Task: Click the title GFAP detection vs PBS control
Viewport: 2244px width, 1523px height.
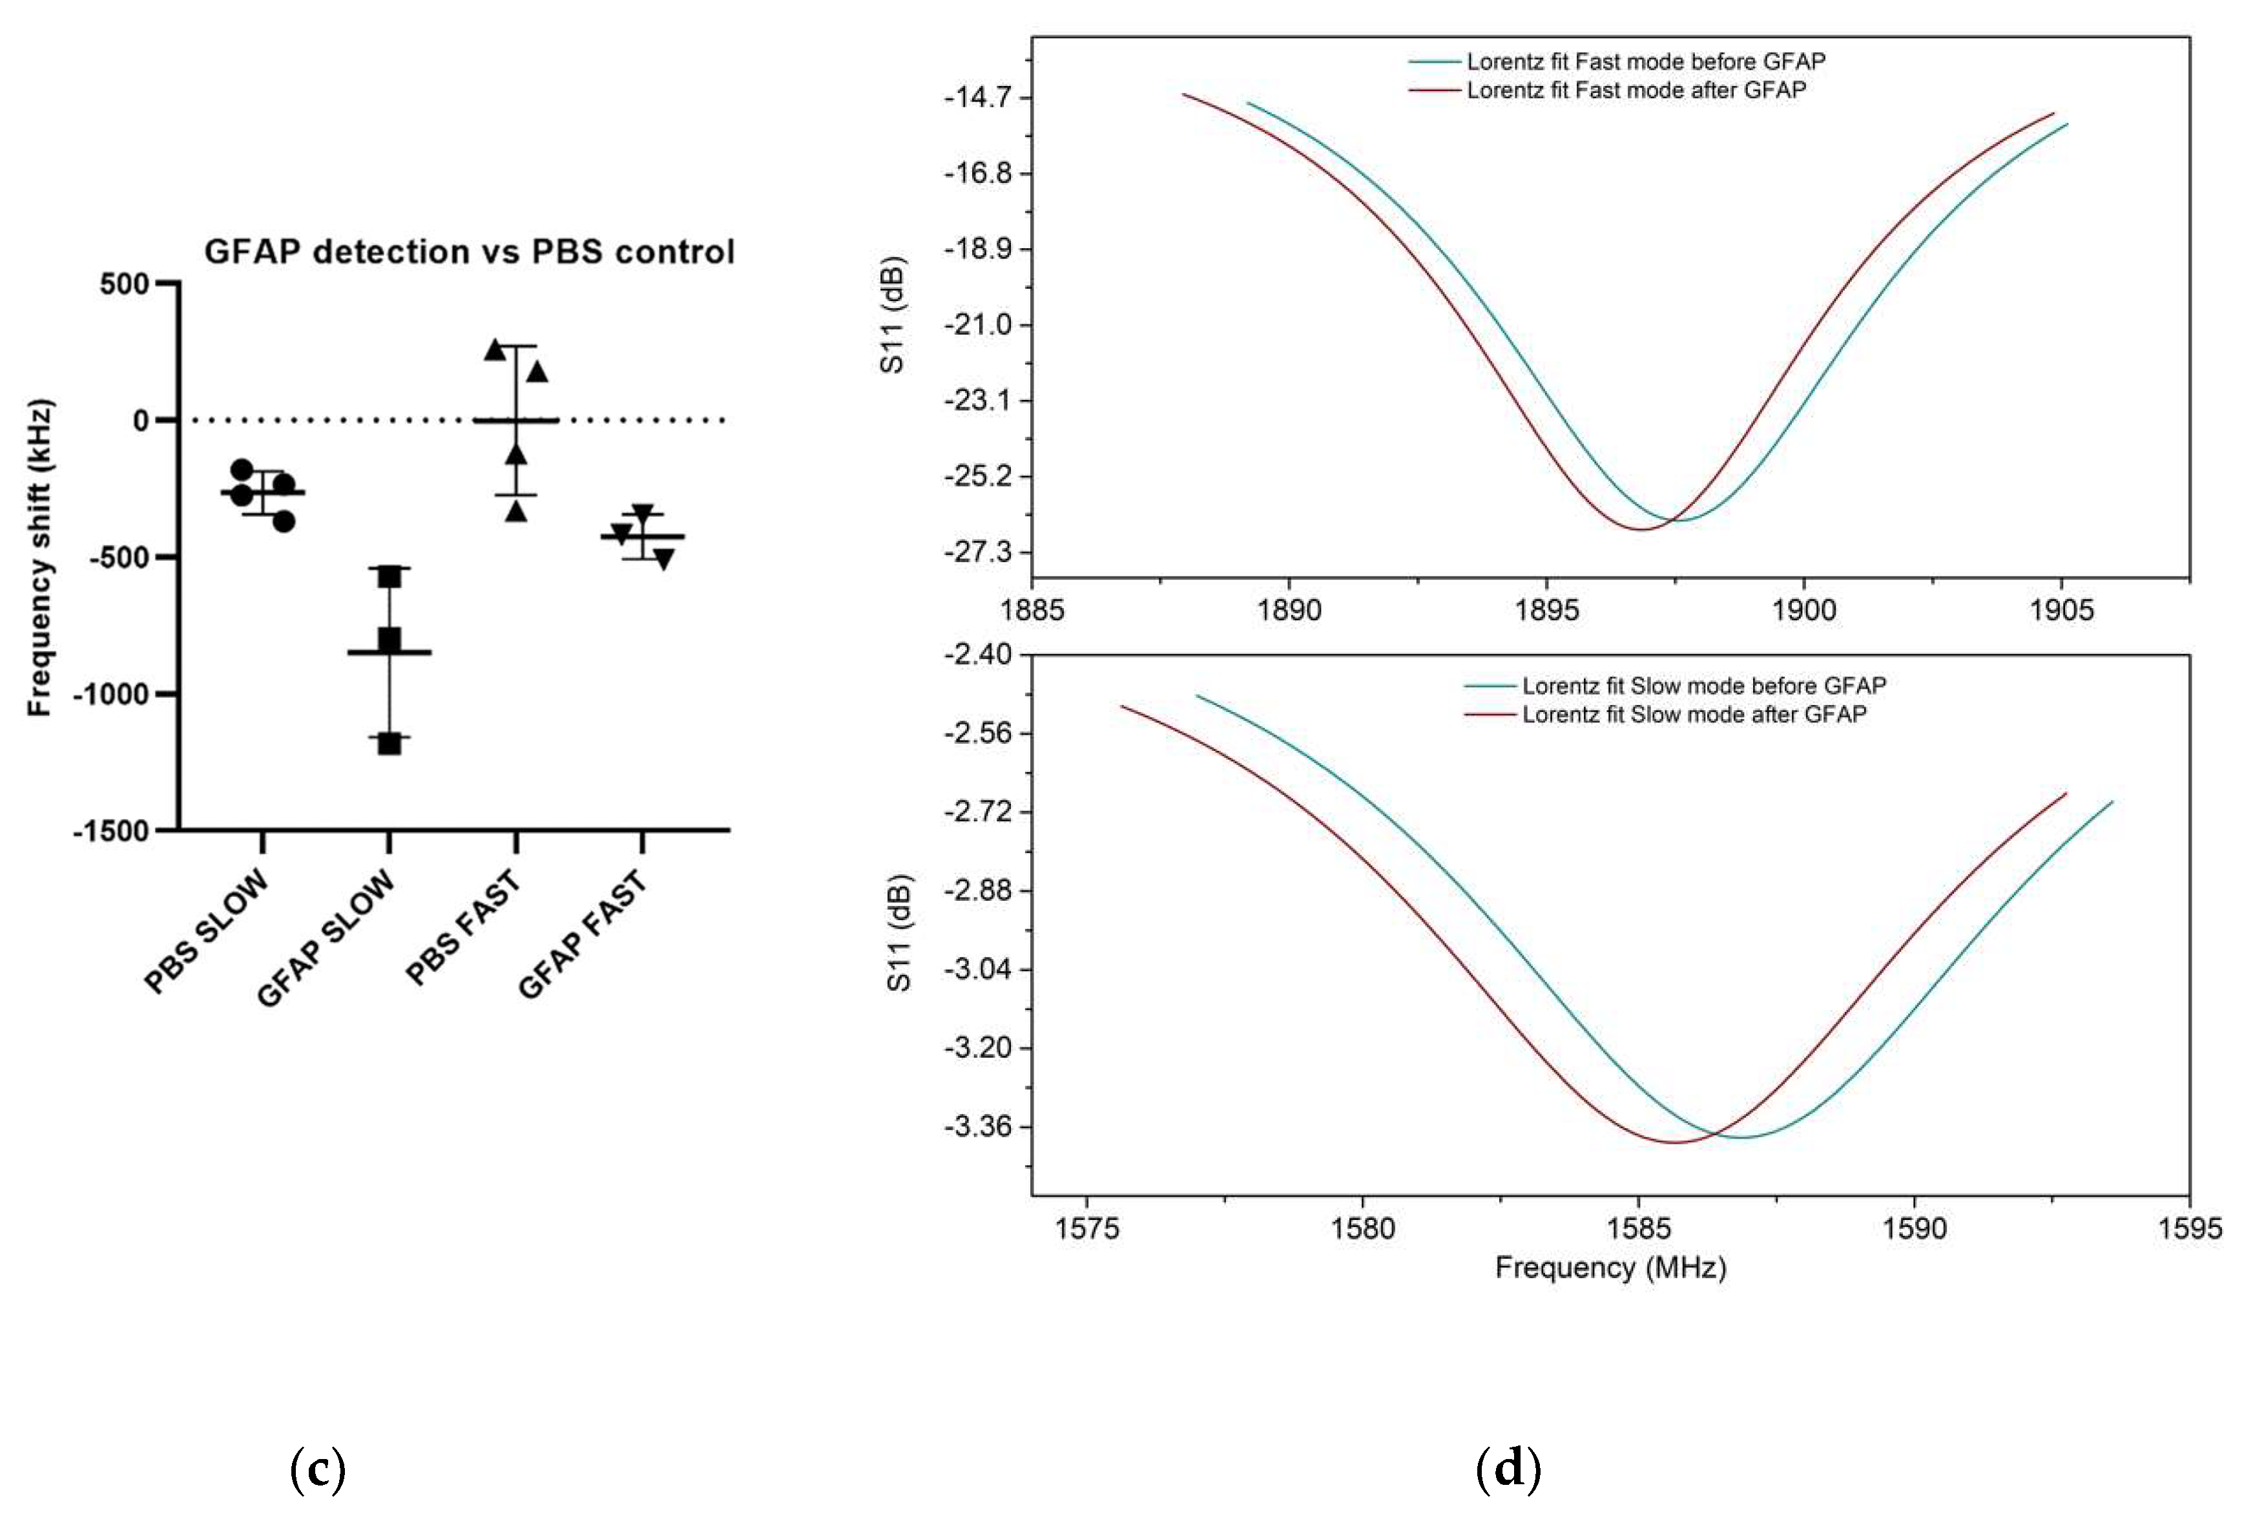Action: coord(469,252)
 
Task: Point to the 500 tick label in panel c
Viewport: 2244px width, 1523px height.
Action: coord(125,284)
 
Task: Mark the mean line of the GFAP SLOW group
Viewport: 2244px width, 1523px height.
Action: coord(389,653)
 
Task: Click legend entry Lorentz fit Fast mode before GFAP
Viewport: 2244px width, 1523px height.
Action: coord(1645,62)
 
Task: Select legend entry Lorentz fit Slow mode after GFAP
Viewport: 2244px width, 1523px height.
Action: coord(1694,715)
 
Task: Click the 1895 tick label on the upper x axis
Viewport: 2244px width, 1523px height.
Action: coord(1547,611)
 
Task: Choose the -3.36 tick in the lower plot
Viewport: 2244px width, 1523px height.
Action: coord(977,1126)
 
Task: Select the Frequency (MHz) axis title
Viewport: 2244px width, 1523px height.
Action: coord(1610,1268)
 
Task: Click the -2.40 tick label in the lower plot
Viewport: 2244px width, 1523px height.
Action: coord(977,655)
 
